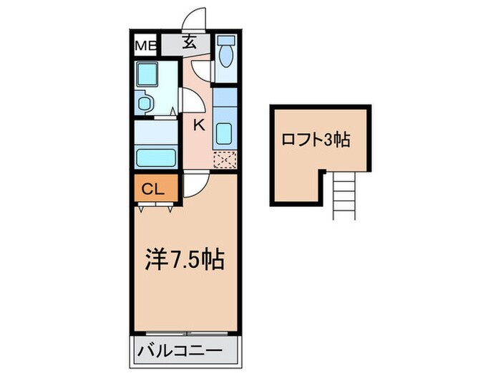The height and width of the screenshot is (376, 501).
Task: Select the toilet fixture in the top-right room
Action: click(226, 52)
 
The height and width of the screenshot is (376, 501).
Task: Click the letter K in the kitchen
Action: click(199, 125)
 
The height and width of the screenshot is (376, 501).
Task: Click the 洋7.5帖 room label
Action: click(185, 259)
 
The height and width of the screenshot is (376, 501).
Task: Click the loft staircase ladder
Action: click(343, 196)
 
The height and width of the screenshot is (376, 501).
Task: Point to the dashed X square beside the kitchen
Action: click(224, 159)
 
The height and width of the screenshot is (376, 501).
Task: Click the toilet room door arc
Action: click(202, 70)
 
